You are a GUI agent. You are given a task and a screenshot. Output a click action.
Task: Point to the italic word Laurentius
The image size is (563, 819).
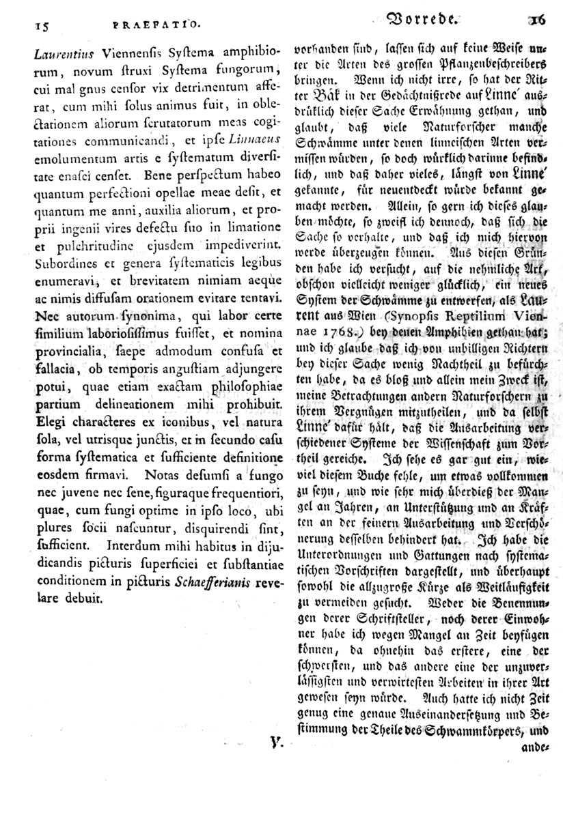(x=42, y=51)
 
